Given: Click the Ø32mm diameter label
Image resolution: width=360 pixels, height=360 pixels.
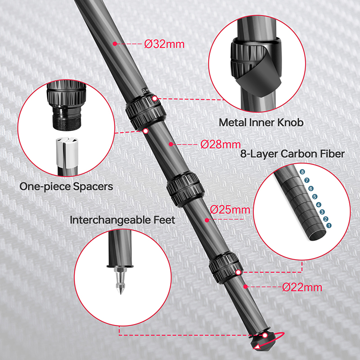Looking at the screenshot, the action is (x=164, y=44).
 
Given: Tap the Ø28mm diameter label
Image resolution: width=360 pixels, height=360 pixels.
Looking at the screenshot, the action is (x=220, y=144).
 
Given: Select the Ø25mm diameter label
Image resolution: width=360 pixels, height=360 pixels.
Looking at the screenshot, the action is (x=230, y=210).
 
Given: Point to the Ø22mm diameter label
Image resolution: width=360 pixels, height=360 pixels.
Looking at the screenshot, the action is (x=302, y=287).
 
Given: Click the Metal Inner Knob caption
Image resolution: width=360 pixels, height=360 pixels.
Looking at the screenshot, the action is (x=261, y=122).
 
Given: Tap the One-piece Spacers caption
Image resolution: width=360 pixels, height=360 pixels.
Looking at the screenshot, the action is (x=66, y=186).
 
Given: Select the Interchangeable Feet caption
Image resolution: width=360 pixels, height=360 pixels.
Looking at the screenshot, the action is (x=122, y=220).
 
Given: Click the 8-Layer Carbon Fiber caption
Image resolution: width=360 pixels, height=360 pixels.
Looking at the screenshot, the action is (x=292, y=153).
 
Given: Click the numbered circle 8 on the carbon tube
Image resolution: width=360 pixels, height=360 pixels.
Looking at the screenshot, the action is (x=302, y=172).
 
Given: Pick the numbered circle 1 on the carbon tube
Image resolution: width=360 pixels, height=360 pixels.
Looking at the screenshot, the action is (x=329, y=225).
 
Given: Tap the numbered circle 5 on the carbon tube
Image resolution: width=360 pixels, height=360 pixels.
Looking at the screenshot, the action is (x=315, y=197).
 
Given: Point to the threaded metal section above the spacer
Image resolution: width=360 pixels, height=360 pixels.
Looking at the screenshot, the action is (x=67, y=119).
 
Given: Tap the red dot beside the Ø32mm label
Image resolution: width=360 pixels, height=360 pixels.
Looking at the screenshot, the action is (x=115, y=44).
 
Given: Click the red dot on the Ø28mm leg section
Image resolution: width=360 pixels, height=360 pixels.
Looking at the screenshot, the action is (x=171, y=144).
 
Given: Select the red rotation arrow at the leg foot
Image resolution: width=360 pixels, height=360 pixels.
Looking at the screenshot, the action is (x=269, y=341).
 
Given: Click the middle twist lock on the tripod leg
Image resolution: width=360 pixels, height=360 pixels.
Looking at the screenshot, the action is (x=185, y=189).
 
